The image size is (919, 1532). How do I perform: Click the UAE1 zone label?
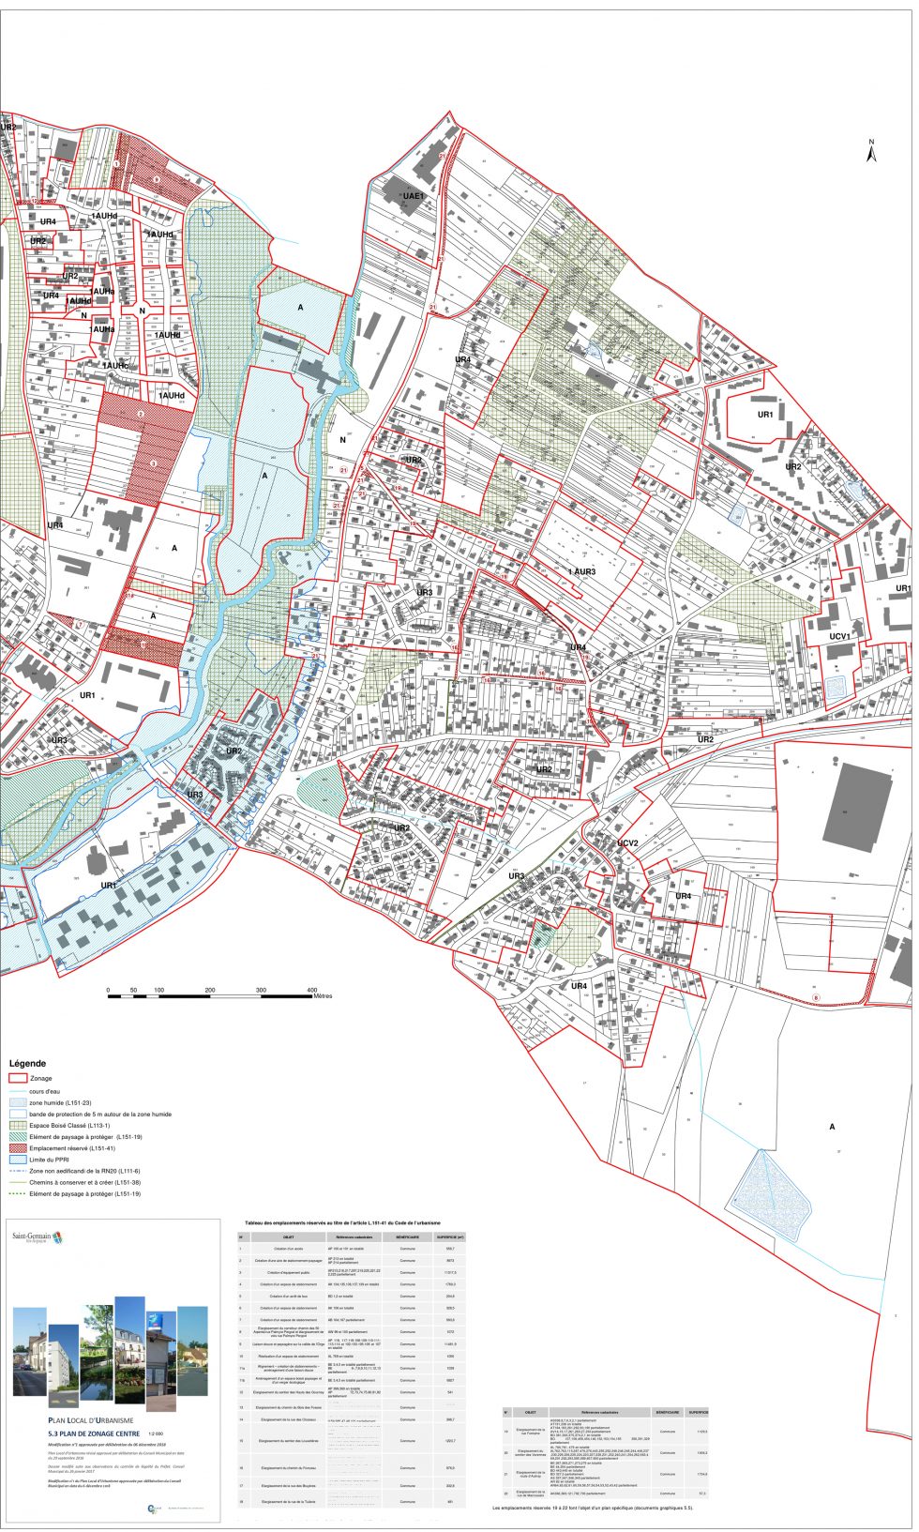click(414, 195)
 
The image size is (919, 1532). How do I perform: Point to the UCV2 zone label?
click(627, 842)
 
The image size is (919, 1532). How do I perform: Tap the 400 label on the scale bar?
click(312, 990)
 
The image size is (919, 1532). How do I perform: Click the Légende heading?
click(27, 1064)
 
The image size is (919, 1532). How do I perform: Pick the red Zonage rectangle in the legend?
click(17, 1079)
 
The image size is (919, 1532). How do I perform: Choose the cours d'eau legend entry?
click(45, 1091)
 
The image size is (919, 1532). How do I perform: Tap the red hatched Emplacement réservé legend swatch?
click(17, 1148)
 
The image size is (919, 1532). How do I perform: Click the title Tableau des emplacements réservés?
click(342, 1223)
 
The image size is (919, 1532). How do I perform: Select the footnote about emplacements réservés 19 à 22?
click(593, 1508)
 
